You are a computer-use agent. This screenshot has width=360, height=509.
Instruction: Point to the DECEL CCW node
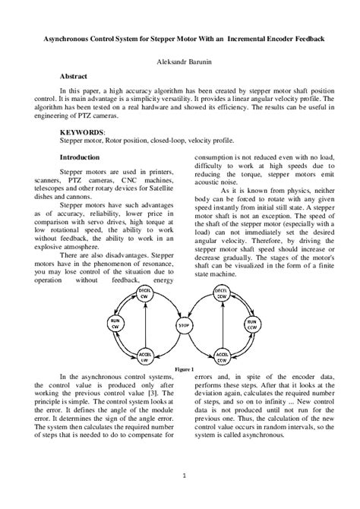point(221,292)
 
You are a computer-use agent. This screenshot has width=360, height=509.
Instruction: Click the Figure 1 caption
point(183,367)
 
